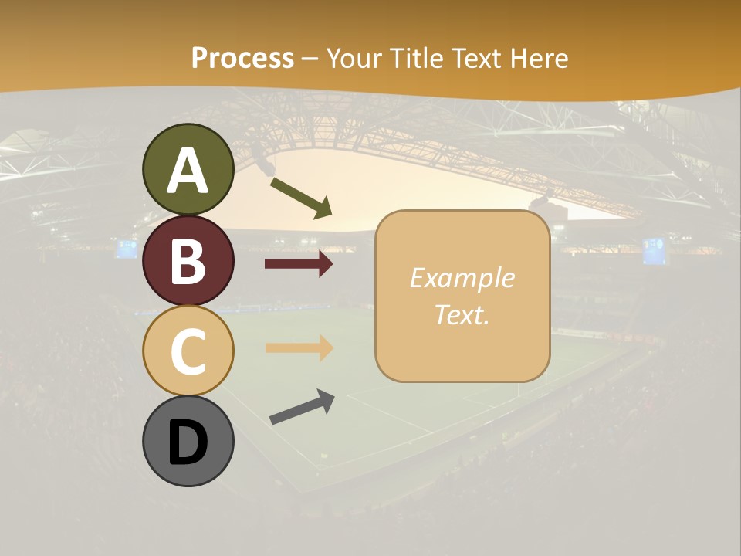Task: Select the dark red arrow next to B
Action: [299, 264]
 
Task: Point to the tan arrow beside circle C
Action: [299, 348]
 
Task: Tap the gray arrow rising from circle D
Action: [302, 407]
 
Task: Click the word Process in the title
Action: [242, 58]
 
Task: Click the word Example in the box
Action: [462, 278]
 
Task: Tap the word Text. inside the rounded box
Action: [462, 314]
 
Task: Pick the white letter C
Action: [188, 351]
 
